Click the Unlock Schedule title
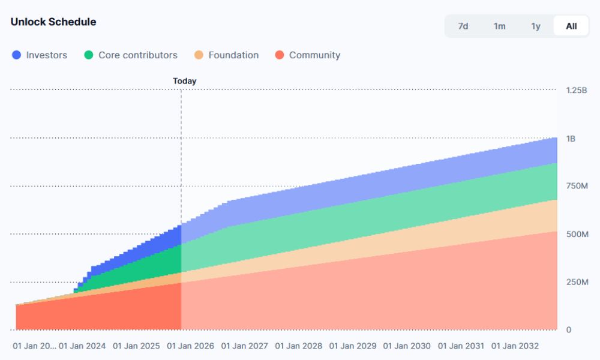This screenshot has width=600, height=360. (53, 22)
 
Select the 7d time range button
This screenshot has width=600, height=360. (463, 26)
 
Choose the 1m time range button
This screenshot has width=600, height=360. (499, 26)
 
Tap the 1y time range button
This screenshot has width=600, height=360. (536, 26)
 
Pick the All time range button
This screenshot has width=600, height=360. (571, 26)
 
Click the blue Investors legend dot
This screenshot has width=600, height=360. (17, 55)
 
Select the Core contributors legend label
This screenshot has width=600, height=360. (138, 55)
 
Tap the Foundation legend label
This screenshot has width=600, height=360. (233, 55)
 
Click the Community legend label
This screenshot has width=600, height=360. (314, 55)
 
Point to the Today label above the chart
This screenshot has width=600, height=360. (185, 81)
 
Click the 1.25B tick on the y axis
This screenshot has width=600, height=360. (577, 90)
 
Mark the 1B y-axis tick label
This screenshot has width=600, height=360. (571, 139)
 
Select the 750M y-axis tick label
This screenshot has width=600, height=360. (577, 186)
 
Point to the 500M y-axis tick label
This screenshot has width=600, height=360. (577, 234)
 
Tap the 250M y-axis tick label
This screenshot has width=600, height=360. (577, 282)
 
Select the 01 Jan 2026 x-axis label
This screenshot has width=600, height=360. (190, 346)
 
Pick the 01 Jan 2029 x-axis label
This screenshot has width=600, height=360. (353, 346)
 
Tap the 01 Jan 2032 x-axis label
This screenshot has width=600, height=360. (515, 346)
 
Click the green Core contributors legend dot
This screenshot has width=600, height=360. (89, 55)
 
